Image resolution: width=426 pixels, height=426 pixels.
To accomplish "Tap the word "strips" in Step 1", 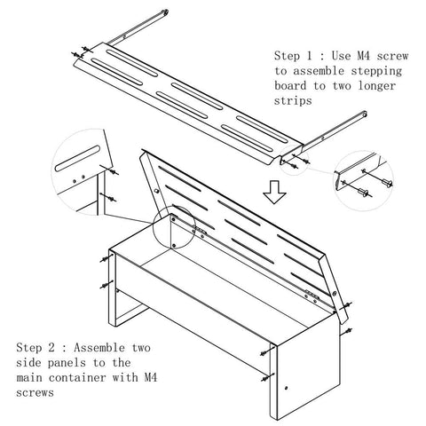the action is click(x=293, y=100).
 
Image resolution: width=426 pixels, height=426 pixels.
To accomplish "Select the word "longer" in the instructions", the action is click(x=377, y=86).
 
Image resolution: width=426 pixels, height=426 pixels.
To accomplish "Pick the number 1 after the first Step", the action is click(x=309, y=56).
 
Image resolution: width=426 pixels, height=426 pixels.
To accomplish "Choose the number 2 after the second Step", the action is click(x=51, y=347).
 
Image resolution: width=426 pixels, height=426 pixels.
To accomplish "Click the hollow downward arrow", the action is click(x=274, y=192).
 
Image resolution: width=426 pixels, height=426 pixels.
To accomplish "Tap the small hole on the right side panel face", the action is click(x=286, y=388).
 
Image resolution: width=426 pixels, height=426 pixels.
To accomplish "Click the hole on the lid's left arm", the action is click(x=157, y=191).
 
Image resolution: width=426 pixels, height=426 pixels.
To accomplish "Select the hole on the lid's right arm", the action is click(x=335, y=294).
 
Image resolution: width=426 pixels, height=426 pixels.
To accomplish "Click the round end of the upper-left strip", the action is click(x=165, y=12).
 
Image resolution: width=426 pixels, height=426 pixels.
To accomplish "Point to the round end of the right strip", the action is click(x=364, y=114).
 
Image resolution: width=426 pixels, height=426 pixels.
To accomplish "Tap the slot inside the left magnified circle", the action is click(x=77, y=158).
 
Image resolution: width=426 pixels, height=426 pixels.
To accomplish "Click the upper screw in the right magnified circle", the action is click(x=387, y=182).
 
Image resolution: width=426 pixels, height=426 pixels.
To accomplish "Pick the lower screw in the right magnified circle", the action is click(x=363, y=193).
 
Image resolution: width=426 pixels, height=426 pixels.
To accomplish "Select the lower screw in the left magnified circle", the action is click(x=111, y=198).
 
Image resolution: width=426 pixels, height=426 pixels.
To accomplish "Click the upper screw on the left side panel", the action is click(x=105, y=259).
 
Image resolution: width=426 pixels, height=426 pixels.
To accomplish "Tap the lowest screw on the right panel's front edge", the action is click(x=267, y=378).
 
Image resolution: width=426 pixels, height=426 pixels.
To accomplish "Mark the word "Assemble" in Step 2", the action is click(x=99, y=347).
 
